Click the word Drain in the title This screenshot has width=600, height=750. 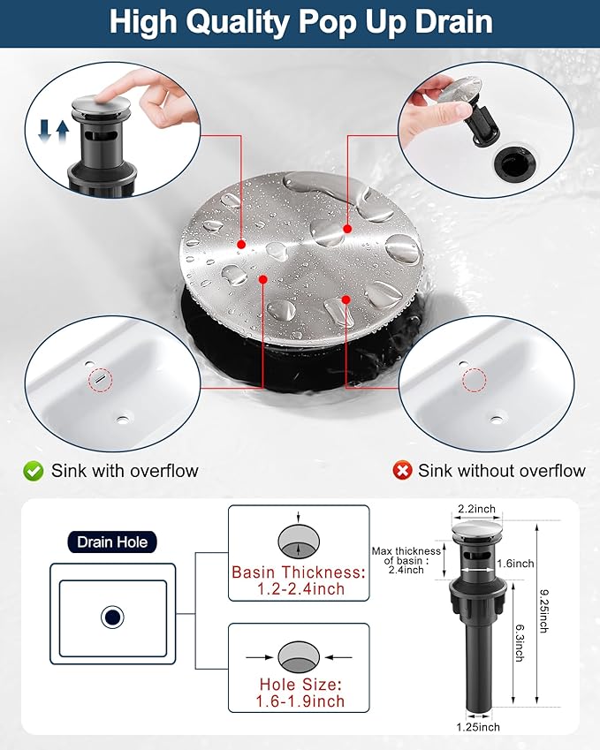(453, 21)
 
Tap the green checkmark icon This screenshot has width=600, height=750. (33, 471)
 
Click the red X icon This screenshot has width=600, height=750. (402, 471)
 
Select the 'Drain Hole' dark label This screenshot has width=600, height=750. (112, 542)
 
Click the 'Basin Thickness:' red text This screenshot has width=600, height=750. (299, 572)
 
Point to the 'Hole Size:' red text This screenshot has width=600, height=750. (300, 685)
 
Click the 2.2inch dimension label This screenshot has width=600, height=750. (476, 509)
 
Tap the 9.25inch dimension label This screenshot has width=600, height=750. (543, 610)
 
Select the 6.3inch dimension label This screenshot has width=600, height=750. (520, 642)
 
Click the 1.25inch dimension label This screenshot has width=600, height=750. (477, 727)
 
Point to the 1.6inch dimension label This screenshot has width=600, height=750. (515, 564)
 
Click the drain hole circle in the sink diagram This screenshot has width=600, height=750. (112, 617)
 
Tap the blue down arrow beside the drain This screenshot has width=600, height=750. (44, 132)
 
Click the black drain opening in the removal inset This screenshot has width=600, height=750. (514, 163)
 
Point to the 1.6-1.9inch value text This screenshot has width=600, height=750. (300, 701)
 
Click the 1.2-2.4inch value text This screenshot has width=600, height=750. (300, 589)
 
